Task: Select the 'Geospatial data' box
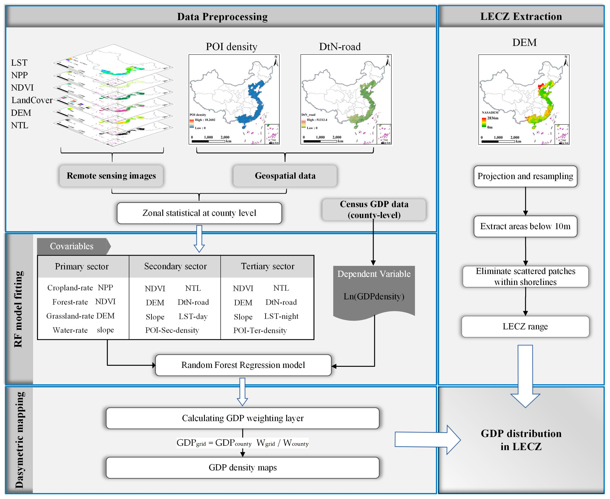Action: (x=285, y=176)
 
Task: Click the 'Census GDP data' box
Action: (x=374, y=210)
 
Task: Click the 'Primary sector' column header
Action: (x=82, y=266)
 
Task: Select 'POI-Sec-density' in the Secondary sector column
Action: (x=172, y=330)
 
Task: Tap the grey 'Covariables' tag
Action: (x=72, y=246)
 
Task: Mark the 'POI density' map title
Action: (x=231, y=47)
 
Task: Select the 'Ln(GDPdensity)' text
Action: (x=374, y=296)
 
